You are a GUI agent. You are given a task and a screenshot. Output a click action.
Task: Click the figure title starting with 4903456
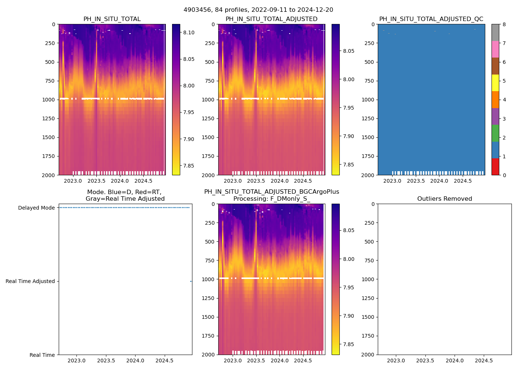[x=258, y=10]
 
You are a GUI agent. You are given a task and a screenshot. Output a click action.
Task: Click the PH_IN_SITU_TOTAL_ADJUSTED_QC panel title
[x=431, y=19]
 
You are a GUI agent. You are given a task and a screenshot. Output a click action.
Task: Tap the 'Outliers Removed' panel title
[x=444, y=199]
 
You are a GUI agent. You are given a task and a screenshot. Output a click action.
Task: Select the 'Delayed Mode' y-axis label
[x=36, y=208]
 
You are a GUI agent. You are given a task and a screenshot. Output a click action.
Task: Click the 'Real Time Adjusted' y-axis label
[x=30, y=281]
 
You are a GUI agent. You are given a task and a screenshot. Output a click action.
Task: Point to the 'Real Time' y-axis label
[x=42, y=355]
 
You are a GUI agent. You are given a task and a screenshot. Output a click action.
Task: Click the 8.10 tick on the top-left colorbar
[x=189, y=32]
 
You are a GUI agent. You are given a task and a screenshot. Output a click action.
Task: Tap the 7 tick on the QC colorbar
[x=504, y=44]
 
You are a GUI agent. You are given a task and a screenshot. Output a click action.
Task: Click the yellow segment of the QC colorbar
[x=495, y=83]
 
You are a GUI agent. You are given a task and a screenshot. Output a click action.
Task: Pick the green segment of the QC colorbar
[x=495, y=133]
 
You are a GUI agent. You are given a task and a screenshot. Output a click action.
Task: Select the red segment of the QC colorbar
[x=495, y=166]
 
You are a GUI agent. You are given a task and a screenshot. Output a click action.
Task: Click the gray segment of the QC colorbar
[x=495, y=32]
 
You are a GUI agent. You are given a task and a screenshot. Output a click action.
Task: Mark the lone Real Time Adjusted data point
[x=191, y=282]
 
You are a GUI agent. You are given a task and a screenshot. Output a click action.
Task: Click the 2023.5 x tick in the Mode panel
[x=106, y=361]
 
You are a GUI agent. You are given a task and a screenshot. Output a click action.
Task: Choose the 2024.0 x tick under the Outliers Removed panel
[x=455, y=361]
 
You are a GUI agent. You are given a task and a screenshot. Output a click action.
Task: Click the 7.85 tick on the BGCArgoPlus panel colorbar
[x=349, y=344]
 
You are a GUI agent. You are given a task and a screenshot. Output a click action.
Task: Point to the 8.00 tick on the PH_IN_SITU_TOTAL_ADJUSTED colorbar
[x=349, y=79]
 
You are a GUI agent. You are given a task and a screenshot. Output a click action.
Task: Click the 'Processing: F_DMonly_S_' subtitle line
[x=271, y=199]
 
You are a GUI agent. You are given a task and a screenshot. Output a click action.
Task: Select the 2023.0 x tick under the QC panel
[x=392, y=181]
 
